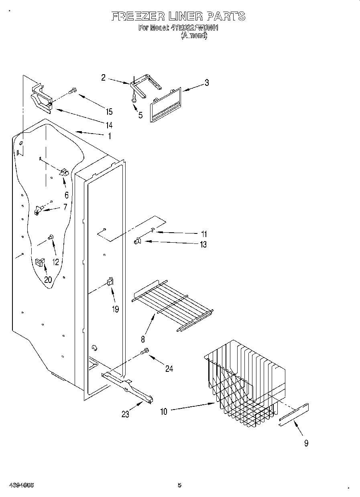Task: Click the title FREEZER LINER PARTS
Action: (x=178, y=16)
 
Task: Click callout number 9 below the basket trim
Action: (x=306, y=443)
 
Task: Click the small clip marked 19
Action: (x=110, y=282)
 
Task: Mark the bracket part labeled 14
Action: (x=41, y=99)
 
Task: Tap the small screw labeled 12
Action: (x=51, y=237)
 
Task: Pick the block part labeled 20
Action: (x=40, y=262)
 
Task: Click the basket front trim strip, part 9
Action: (x=294, y=413)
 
